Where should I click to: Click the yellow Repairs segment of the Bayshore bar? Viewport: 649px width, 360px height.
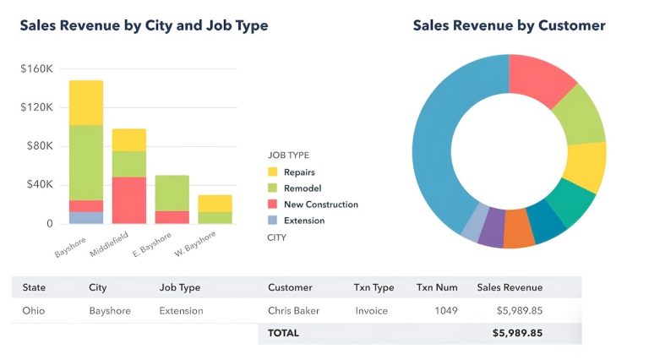[x=86, y=102]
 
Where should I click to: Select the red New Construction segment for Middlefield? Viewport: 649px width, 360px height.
[x=128, y=199]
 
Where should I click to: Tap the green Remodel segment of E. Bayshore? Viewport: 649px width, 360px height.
[x=172, y=193]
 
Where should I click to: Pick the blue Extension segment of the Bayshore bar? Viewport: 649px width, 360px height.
[x=86, y=218]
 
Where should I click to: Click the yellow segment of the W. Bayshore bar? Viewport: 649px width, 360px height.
[x=215, y=203]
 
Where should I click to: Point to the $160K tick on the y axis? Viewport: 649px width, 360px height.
[x=35, y=68]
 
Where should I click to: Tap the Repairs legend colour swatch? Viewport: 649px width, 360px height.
[x=273, y=172]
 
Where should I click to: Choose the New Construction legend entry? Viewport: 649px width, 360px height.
[x=320, y=205]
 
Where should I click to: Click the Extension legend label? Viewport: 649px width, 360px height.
[x=304, y=221]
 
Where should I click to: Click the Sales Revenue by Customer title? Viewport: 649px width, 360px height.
[x=509, y=25]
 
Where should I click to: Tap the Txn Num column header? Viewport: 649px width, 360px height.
[x=437, y=287]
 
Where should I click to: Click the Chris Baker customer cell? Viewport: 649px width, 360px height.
[x=293, y=310]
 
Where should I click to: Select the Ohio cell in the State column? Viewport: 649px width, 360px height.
[x=34, y=310]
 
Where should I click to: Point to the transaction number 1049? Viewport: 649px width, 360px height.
[x=445, y=310]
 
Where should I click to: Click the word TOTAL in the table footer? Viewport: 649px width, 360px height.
[x=283, y=333]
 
